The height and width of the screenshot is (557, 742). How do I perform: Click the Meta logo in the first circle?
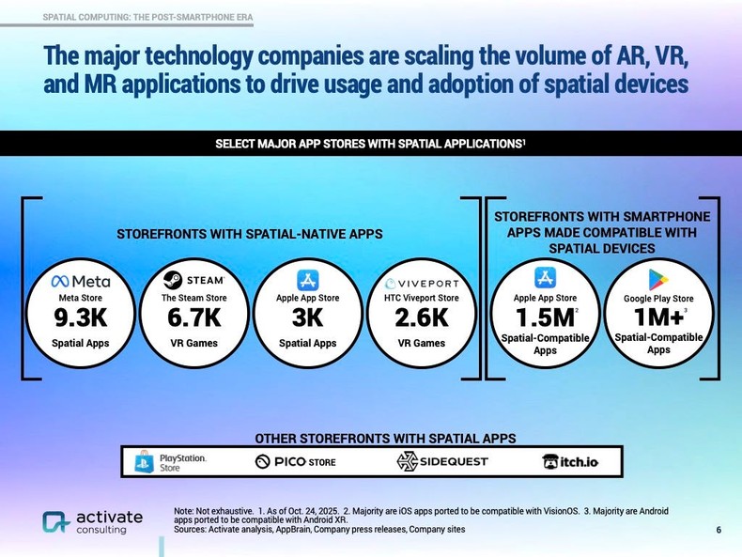pyautogui.click(x=81, y=281)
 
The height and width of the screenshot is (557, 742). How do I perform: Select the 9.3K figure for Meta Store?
pyautogui.click(x=81, y=318)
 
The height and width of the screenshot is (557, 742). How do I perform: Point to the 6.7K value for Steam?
pyautogui.click(x=194, y=318)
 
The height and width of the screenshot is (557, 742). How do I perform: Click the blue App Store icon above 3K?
pyautogui.click(x=308, y=280)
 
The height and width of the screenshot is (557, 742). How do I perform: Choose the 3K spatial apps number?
pyautogui.click(x=308, y=318)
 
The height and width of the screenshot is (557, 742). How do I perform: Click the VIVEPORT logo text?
pyautogui.click(x=422, y=283)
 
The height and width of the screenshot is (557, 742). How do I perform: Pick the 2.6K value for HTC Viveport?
pyautogui.click(x=422, y=318)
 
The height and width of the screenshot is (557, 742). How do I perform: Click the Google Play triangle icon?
pyautogui.click(x=658, y=279)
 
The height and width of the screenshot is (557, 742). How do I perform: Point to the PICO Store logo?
pyautogui.click(x=295, y=461)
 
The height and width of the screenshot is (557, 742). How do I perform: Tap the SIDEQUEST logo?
pyautogui.click(x=441, y=461)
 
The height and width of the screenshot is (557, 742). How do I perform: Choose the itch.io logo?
pyautogui.click(x=569, y=461)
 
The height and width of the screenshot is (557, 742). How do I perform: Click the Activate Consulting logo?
pyautogui.click(x=93, y=522)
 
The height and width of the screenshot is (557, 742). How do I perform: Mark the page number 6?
pyautogui.click(x=719, y=530)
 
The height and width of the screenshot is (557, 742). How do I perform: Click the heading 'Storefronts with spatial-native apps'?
pyautogui.click(x=249, y=234)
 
